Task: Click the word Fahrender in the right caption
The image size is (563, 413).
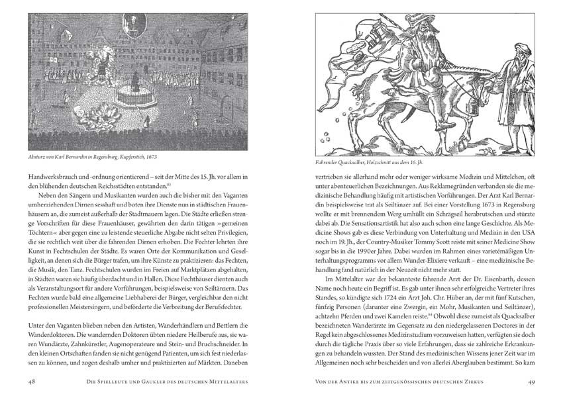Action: point(331,162)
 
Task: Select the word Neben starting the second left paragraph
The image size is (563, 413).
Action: point(50,200)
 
